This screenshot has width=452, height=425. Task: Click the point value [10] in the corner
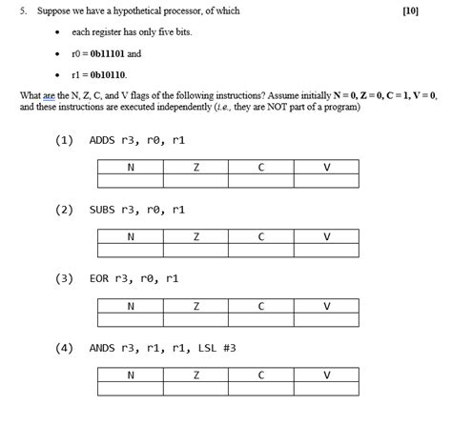(411, 10)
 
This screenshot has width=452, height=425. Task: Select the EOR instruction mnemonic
(98, 279)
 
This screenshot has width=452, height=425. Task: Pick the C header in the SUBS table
(261, 236)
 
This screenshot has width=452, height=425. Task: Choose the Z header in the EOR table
(195, 306)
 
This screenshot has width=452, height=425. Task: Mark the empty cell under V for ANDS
(327, 390)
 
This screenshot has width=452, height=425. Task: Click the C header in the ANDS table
(261, 375)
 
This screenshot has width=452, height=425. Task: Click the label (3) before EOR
(65, 279)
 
